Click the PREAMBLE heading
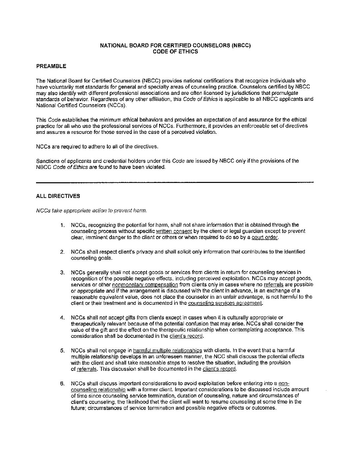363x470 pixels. [51, 66]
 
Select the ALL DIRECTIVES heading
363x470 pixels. [58, 196]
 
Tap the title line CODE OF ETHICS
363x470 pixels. [175, 51]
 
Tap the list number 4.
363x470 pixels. [62, 317]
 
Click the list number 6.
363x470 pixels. [62, 384]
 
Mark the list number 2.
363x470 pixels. [62, 252]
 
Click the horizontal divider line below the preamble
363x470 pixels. [175, 182]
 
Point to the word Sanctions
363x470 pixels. [48, 161]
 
